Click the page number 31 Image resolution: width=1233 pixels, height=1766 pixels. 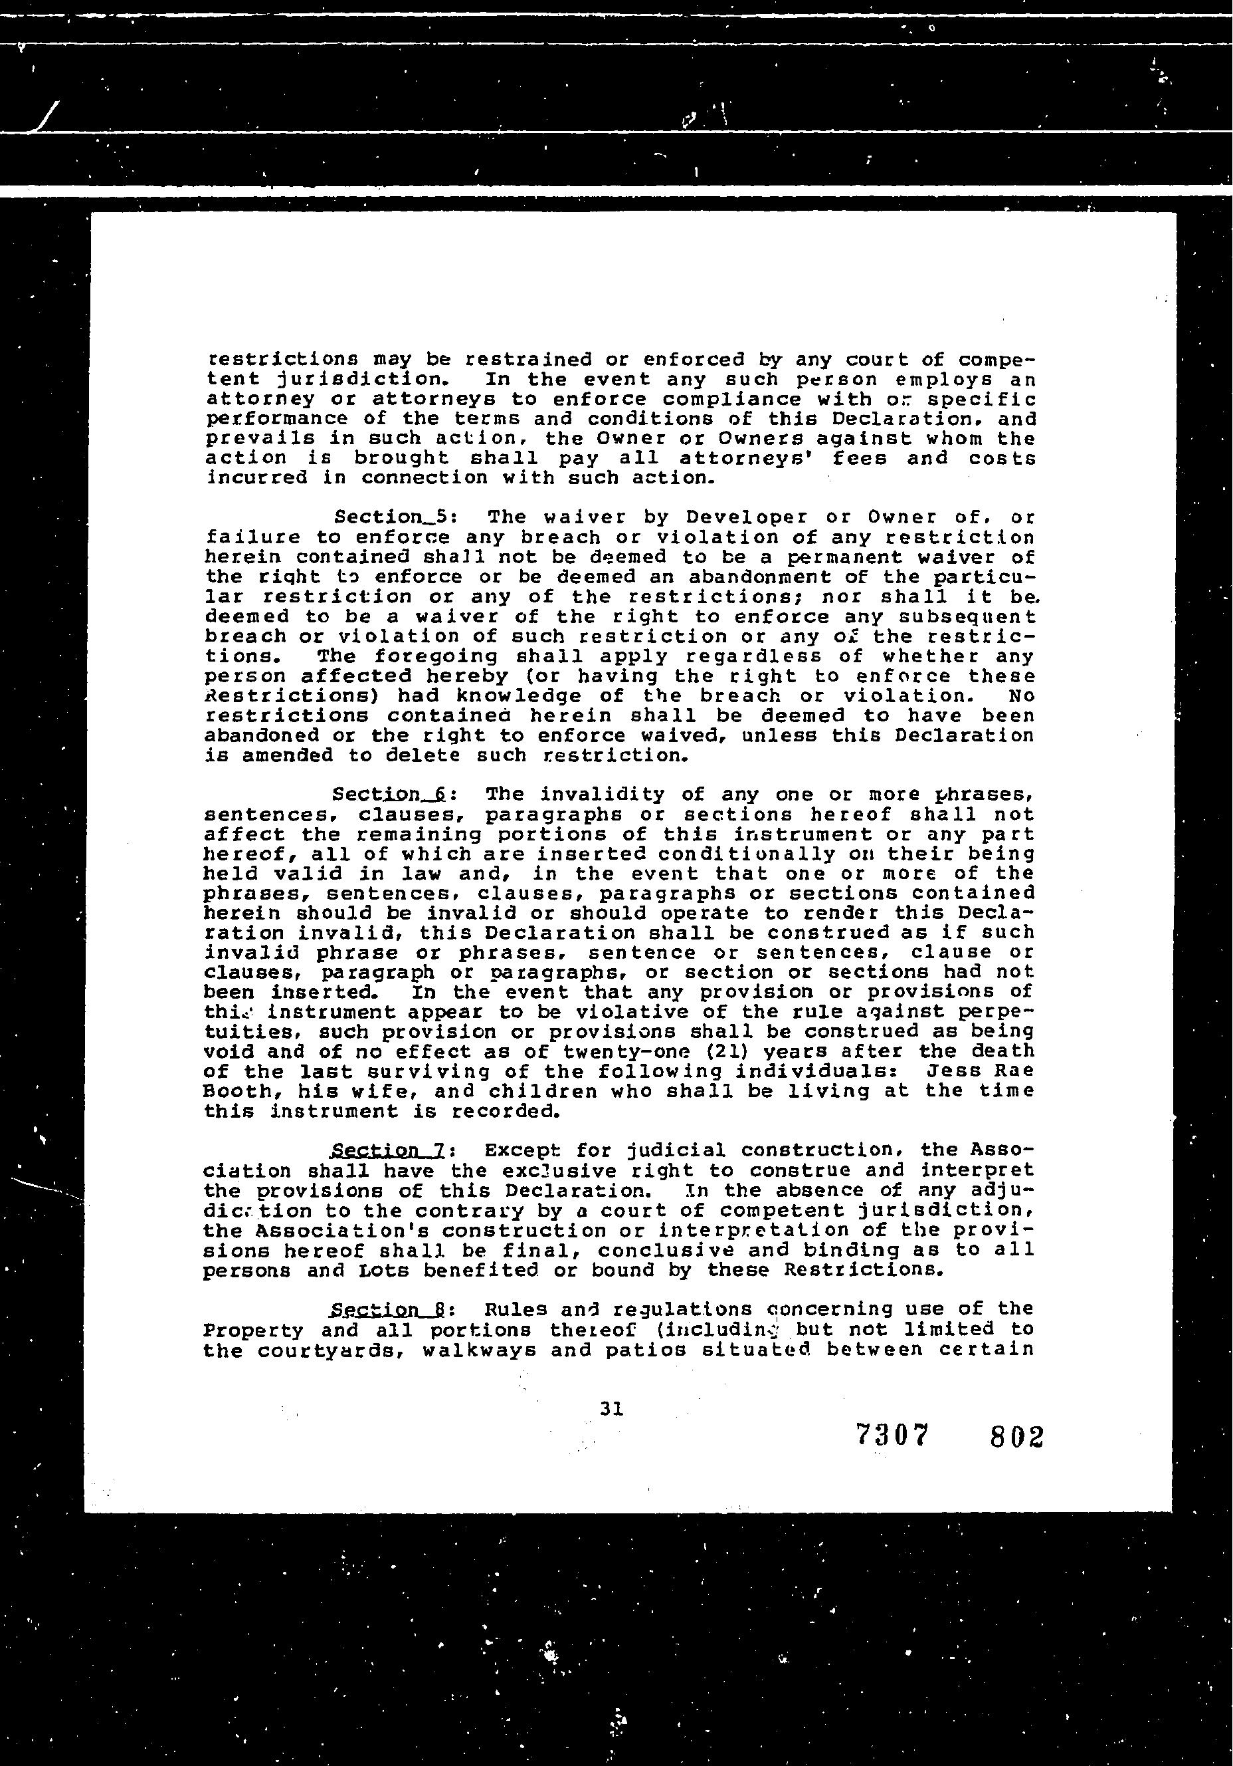click(611, 1408)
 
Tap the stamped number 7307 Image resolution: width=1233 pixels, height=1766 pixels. click(892, 1436)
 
